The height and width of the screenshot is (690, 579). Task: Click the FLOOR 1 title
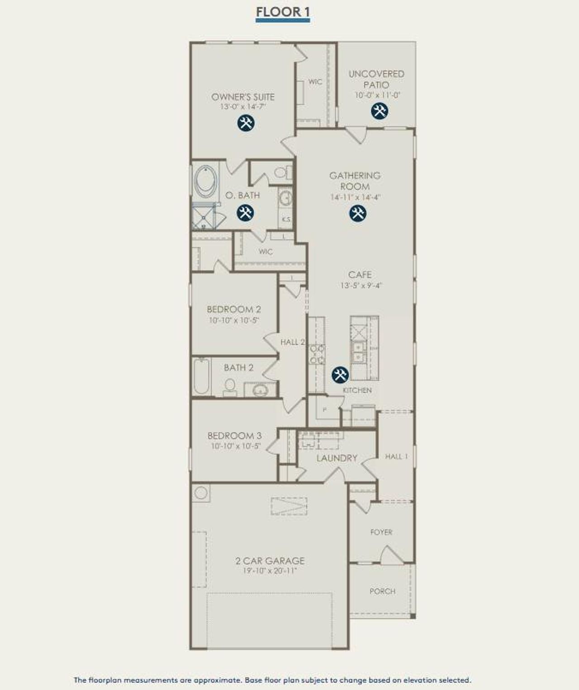pos(283,12)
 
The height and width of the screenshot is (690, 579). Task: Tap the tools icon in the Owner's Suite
pos(246,123)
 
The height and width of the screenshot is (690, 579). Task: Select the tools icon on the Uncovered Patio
pos(379,111)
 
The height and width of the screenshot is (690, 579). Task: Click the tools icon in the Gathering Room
pos(357,213)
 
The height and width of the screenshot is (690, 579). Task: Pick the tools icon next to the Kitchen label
pos(340,374)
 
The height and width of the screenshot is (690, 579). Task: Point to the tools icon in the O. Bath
pos(245,212)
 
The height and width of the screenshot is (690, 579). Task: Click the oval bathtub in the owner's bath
pos(206,182)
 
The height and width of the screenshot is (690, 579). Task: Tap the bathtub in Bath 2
pos(202,376)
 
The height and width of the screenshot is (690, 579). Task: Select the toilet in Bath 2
pos(230,387)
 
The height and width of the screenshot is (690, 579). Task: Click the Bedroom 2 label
pos(234,310)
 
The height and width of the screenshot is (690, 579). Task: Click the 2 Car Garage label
pos(270,561)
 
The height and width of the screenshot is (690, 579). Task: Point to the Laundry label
pos(337,458)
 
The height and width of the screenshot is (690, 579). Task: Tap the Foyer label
pos(381,532)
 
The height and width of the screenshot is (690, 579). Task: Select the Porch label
pos(382,591)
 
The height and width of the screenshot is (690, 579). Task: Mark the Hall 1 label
pos(396,456)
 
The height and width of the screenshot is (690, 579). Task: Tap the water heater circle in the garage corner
pos(201,493)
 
